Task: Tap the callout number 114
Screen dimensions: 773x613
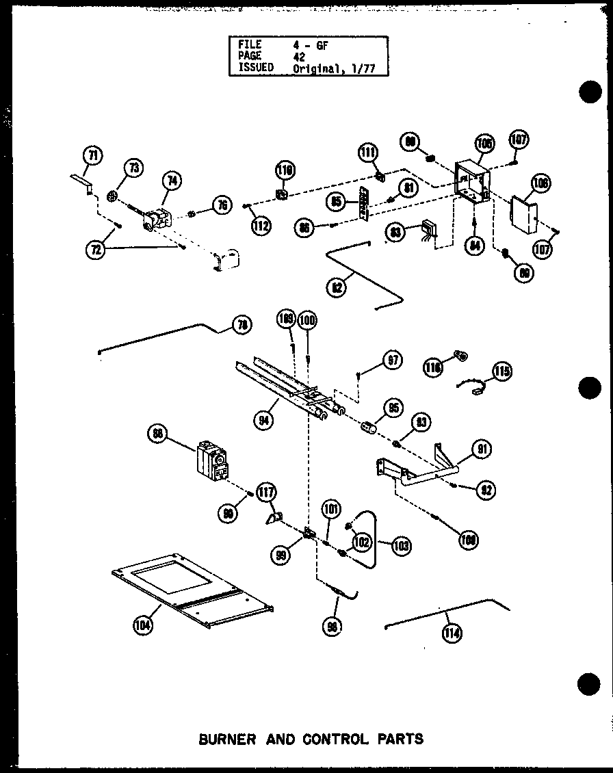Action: point(452,633)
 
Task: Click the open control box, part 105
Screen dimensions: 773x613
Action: point(471,181)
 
